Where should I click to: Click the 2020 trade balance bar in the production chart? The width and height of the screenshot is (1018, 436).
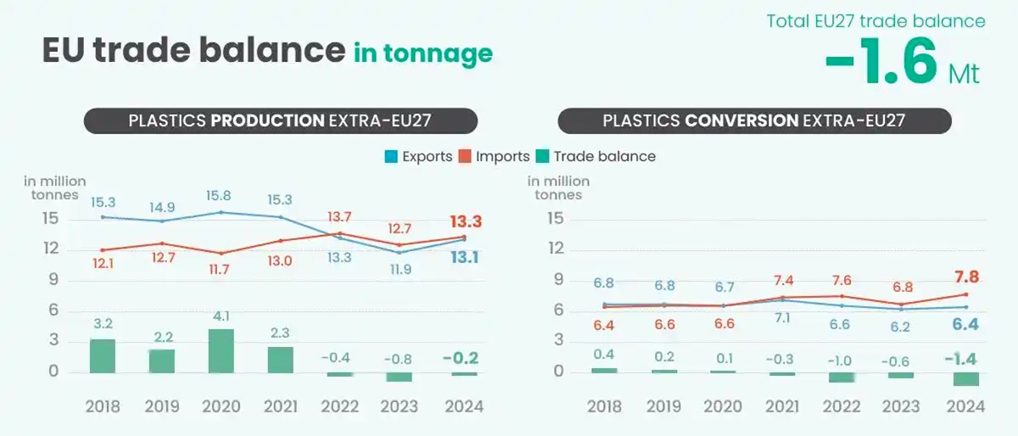(221, 350)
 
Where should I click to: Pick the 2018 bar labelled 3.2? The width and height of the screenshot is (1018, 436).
(103, 355)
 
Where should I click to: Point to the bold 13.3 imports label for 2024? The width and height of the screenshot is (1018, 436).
(465, 221)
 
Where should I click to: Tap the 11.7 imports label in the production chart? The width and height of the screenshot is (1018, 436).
(221, 270)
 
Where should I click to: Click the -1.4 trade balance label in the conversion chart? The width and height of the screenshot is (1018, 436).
(962, 359)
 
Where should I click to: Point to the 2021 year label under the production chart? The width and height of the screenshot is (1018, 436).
(281, 406)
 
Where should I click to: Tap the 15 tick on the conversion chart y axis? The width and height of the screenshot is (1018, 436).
(556, 218)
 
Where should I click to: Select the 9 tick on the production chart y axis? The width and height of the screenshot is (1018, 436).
(53, 279)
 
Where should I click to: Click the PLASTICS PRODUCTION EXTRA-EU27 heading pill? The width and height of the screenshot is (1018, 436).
(281, 120)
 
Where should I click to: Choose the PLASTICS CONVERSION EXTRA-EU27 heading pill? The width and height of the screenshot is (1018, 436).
(754, 120)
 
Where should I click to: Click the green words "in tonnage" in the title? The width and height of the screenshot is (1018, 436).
(422, 53)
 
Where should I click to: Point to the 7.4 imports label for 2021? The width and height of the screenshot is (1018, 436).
(784, 281)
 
